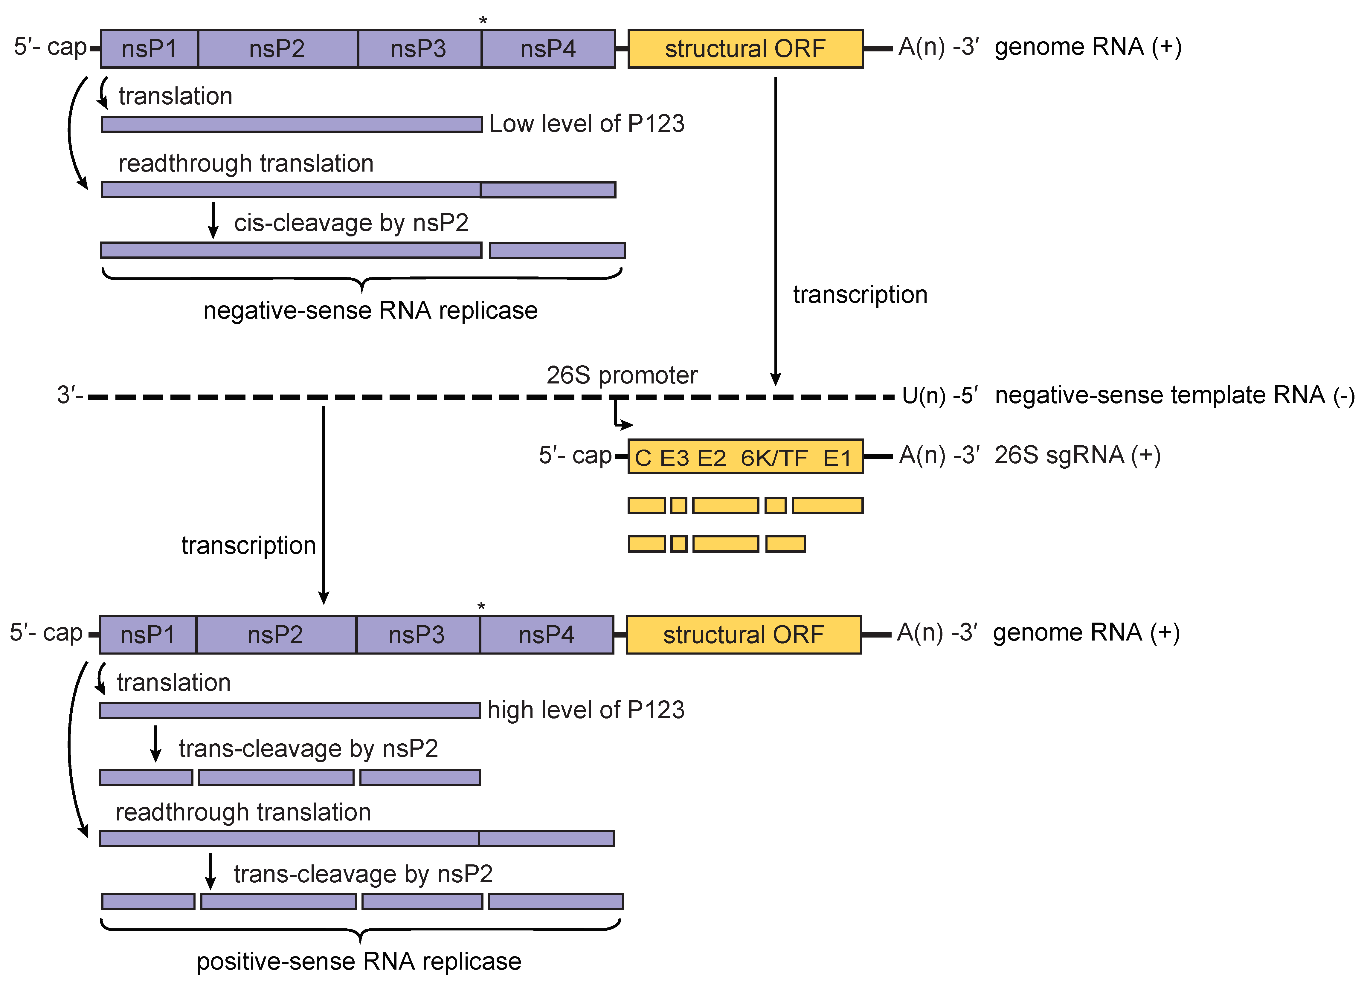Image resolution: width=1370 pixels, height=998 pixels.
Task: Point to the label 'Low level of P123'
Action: (586, 124)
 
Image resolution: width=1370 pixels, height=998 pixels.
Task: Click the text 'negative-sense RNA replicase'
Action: (370, 311)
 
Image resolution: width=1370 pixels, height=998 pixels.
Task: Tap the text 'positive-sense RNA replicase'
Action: (359, 961)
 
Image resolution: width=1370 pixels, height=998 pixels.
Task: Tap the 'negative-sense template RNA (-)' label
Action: (1174, 396)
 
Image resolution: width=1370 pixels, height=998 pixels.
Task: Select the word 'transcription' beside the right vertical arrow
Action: (860, 295)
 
